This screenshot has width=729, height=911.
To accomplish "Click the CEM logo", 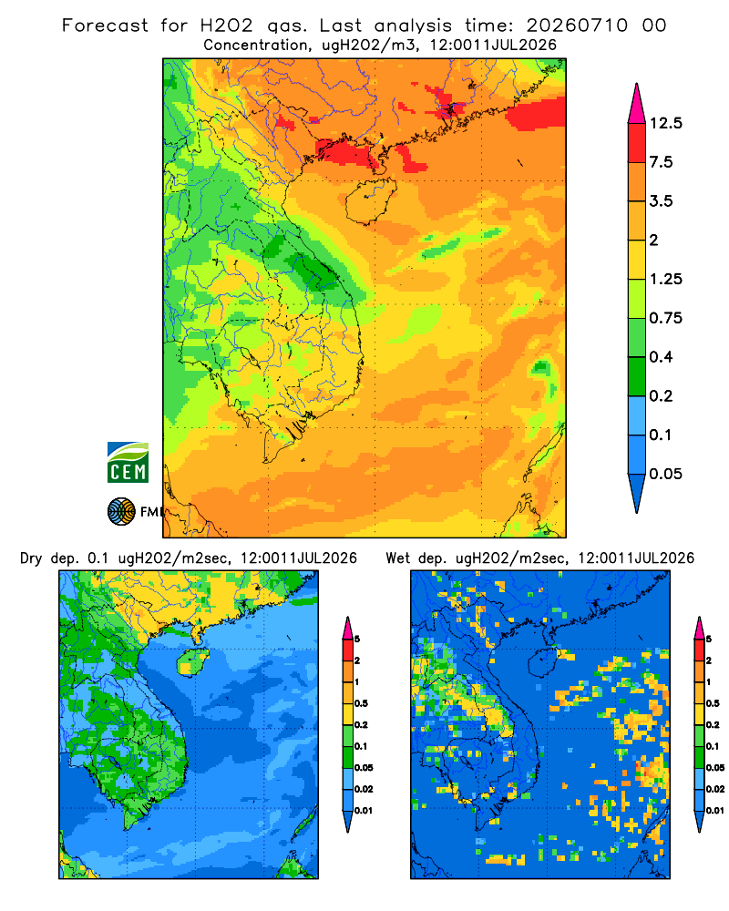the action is coord(128,462).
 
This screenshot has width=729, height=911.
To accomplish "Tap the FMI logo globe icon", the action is coord(121,511).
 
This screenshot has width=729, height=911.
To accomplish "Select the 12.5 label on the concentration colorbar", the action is coord(665,123).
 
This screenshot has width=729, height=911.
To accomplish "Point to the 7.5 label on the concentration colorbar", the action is coord(661,162).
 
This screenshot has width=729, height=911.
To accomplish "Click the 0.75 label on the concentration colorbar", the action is coord(665,318).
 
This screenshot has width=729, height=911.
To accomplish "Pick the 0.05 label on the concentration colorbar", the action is coord(665,474).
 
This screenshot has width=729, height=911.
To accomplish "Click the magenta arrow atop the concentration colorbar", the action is coord(637,104).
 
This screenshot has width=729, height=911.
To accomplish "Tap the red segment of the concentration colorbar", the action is coord(637,143).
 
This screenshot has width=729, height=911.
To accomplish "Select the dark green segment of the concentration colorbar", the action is coord(637,376).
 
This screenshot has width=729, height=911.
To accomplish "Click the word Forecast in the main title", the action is coord(105,26).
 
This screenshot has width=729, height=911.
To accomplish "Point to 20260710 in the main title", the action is coord(577,26).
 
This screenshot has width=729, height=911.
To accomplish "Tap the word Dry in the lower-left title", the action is coord(31,558).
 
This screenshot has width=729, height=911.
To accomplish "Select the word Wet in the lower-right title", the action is coord(397,558).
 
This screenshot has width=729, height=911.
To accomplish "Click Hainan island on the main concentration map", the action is coord(370,201).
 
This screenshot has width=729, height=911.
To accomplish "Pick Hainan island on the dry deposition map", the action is coord(192,661).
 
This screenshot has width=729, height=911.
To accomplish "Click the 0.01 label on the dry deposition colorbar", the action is coord(364,811).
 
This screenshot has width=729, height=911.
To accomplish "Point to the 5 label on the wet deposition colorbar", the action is coord(709,640).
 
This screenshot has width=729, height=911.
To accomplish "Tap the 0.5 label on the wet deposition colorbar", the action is coord(713,703).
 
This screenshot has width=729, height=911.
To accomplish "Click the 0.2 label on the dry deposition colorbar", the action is coord(361,725).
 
